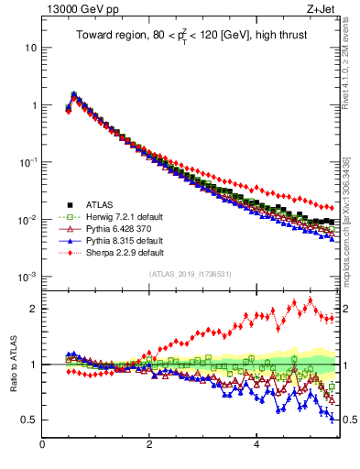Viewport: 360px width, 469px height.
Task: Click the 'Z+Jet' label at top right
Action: [x=317, y=9]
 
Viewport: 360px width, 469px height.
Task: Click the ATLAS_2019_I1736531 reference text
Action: [x=189, y=274]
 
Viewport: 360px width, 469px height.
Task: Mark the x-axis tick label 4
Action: [x=256, y=446]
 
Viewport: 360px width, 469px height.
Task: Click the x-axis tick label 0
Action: [x=43, y=446]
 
